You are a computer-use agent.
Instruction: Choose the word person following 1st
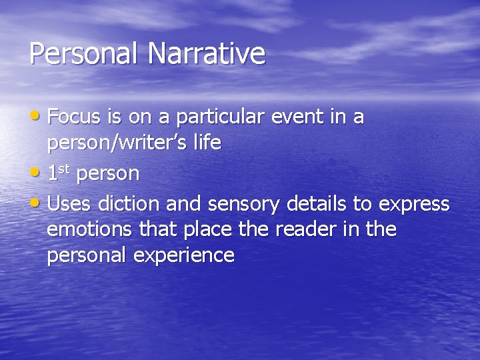click(x=108, y=175)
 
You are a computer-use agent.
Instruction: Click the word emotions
click(x=90, y=230)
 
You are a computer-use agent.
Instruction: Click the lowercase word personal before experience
click(x=84, y=256)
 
